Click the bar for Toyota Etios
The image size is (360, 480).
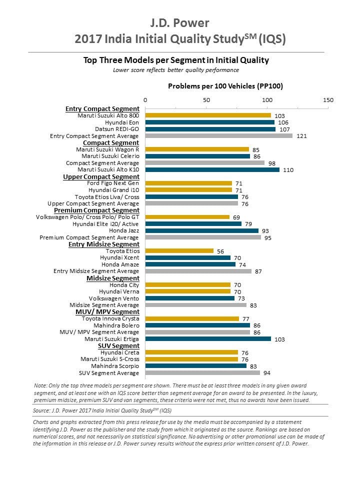click(179, 251)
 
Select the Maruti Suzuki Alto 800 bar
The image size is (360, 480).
click(208, 115)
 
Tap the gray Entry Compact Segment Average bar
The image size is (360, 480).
click(219, 135)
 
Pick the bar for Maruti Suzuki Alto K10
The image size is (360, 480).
click(212, 169)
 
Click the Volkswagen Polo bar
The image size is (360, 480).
click(187, 217)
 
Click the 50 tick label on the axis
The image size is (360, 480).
click(206, 100)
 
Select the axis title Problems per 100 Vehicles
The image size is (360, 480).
click(225, 86)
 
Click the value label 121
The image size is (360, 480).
click(301, 136)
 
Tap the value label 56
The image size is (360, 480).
click(220, 251)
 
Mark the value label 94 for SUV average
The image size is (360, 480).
click(267, 373)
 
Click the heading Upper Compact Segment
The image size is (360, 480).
click(101, 177)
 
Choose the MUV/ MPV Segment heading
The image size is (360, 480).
click(107, 312)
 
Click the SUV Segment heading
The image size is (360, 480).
click(119, 346)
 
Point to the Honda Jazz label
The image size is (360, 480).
click(124, 230)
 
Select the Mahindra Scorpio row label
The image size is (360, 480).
click(115, 366)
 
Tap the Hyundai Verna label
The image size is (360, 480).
click(119, 291)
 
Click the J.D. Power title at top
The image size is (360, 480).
click(179, 23)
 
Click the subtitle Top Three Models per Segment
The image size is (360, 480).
click(176, 60)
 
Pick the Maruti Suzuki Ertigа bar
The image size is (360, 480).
click(208, 338)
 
